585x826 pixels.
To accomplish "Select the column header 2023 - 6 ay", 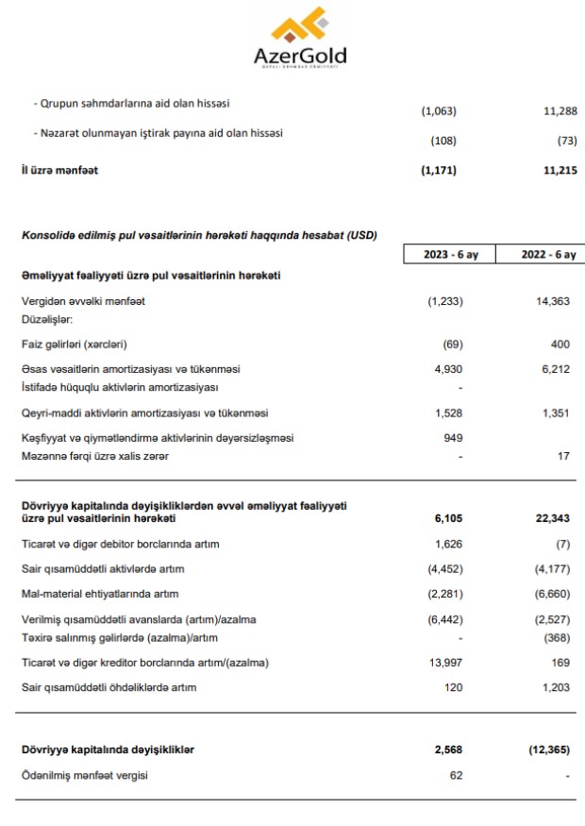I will [452, 255].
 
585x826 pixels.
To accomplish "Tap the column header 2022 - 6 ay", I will [545, 255].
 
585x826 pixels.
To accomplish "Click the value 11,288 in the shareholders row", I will [554, 111].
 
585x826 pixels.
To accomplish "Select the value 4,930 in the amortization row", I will [448, 369].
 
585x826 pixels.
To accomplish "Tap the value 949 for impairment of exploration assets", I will [453, 438].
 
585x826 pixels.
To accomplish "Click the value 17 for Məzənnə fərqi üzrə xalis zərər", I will [562, 457].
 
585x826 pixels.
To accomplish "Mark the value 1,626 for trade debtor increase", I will [448, 545].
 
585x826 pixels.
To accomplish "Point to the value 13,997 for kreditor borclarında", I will [444, 663].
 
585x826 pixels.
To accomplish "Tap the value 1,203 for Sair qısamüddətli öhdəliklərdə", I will [554, 687].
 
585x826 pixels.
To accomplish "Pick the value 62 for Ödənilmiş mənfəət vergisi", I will [456, 775].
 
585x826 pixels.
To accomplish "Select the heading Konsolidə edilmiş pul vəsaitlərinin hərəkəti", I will [200, 235].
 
